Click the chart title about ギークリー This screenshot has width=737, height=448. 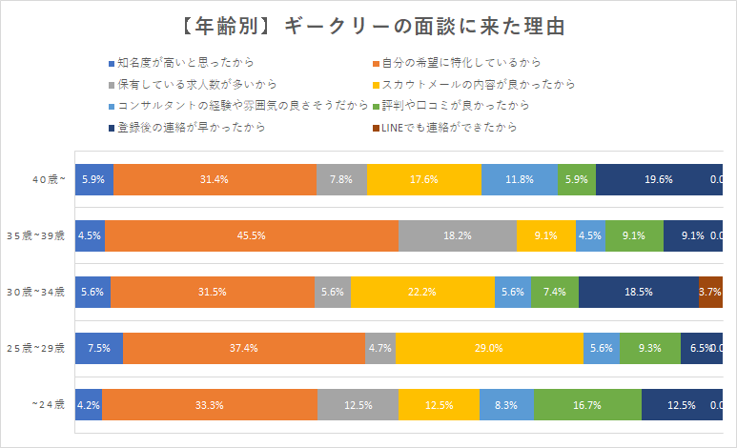click(x=368, y=27)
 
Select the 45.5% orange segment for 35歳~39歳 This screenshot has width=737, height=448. click(x=251, y=234)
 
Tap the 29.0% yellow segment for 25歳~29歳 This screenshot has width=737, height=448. click(x=489, y=348)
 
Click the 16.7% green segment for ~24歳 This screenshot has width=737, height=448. click(x=587, y=404)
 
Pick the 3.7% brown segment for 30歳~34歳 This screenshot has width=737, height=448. click(x=710, y=291)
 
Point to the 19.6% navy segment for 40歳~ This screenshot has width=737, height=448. click(x=659, y=178)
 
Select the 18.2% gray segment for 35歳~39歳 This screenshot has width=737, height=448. click(x=458, y=234)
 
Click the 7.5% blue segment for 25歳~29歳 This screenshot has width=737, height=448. click(x=99, y=348)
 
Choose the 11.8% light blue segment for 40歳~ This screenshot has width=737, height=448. click(x=520, y=178)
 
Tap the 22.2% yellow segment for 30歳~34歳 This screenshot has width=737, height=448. click(x=422, y=291)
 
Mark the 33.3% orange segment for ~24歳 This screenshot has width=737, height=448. click(x=210, y=404)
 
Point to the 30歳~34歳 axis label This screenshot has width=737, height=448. click(x=36, y=291)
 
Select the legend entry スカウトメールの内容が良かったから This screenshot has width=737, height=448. click(x=478, y=84)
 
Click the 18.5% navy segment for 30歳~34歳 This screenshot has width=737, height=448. click(x=639, y=291)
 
